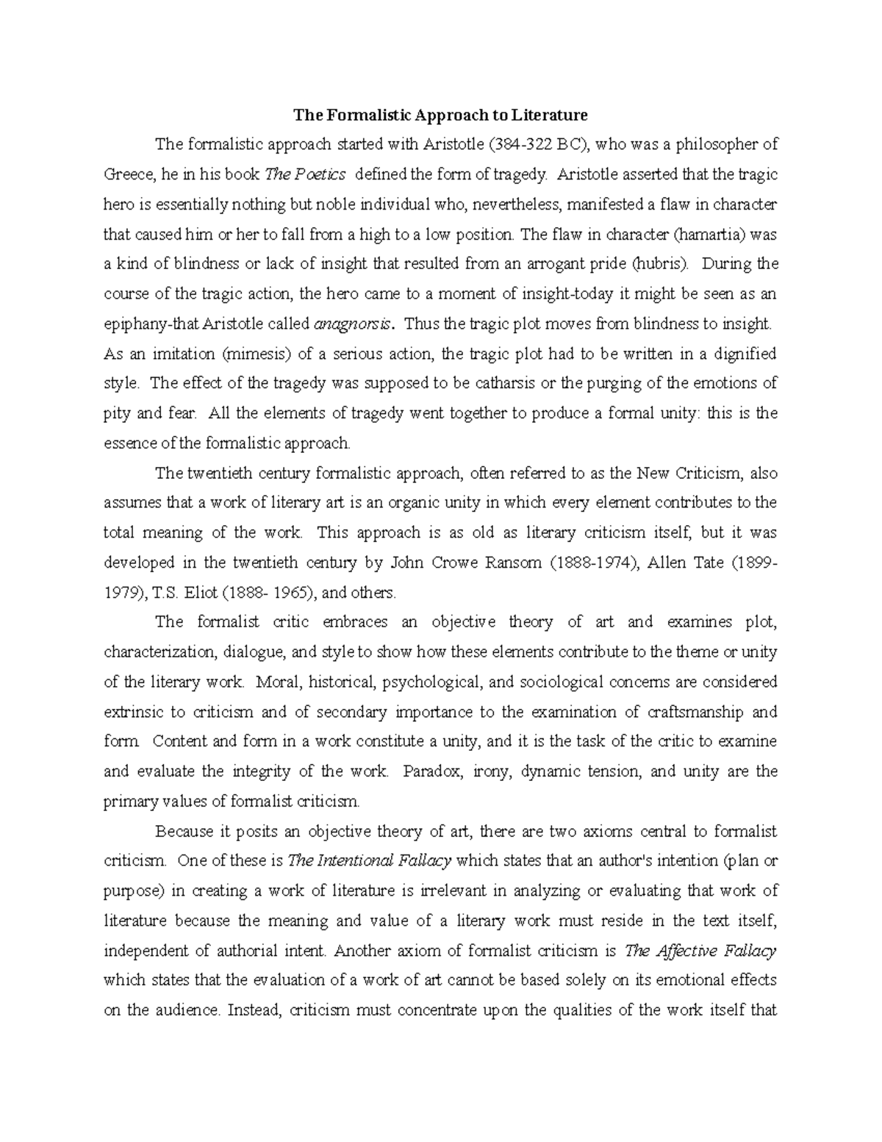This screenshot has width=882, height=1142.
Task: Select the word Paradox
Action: [x=433, y=771]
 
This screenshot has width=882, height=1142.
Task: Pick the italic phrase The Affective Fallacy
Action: [x=700, y=951]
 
